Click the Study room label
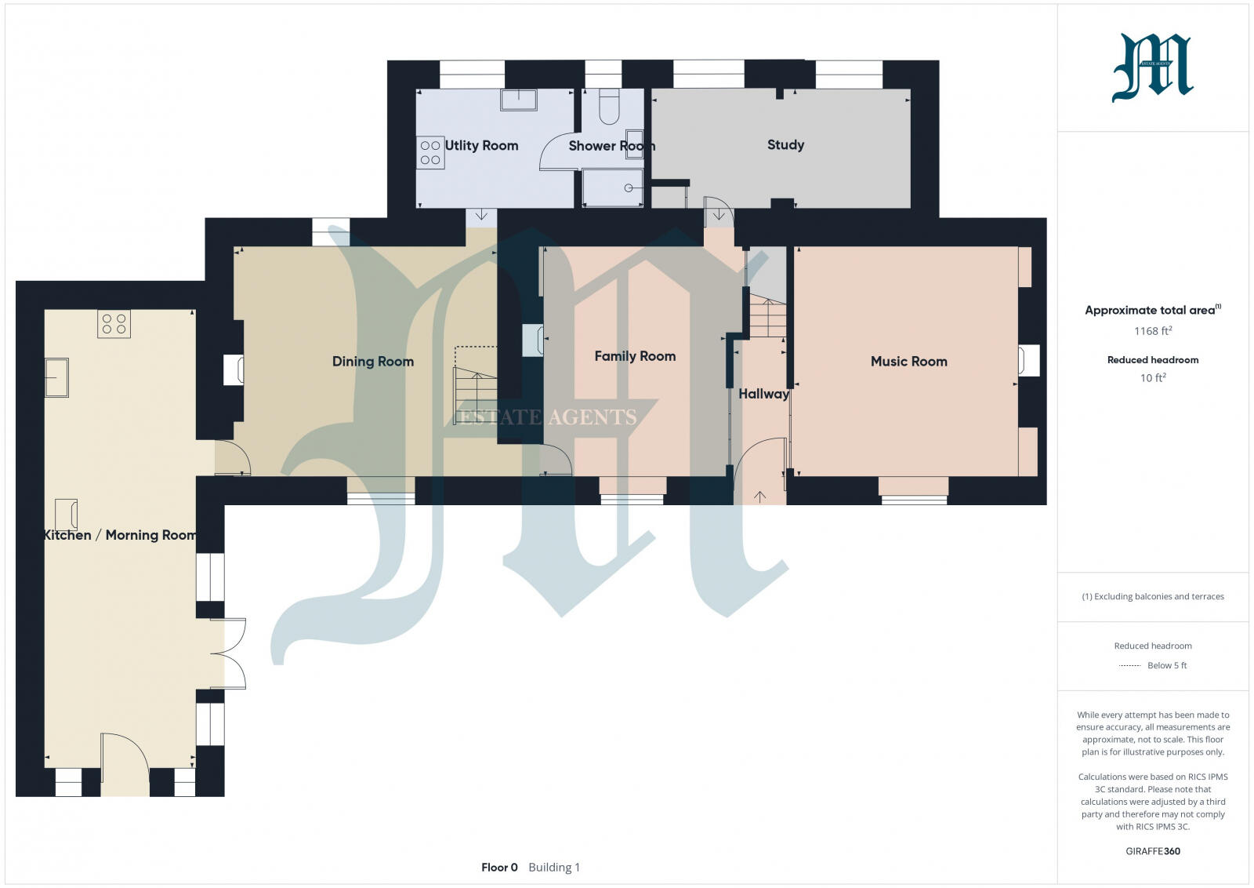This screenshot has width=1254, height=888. tap(785, 145)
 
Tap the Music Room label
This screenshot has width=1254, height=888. tap(908, 362)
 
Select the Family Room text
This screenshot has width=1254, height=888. tap(635, 356)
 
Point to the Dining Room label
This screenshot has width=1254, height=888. tap(372, 362)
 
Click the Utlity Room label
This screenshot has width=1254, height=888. tap(481, 146)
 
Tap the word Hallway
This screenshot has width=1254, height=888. tap(763, 394)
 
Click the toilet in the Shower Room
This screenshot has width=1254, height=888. tap(609, 107)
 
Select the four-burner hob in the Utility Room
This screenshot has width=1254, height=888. tap(430, 153)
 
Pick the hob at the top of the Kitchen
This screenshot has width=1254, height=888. tap(114, 323)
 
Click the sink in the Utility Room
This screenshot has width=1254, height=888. tap(519, 100)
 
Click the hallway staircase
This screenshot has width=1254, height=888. tap(767, 317)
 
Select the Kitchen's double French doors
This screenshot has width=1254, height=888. tap(234, 653)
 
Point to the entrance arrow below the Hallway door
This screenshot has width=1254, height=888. tap(759, 496)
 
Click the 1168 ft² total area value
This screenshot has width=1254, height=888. tap(1152, 331)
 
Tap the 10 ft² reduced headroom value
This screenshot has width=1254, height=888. tap(1152, 378)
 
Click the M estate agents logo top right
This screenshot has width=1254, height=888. tap(1152, 67)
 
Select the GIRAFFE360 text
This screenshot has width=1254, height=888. tap(1152, 851)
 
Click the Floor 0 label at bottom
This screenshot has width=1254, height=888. tap(499, 868)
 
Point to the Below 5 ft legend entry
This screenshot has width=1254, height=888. tap(1166, 665)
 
